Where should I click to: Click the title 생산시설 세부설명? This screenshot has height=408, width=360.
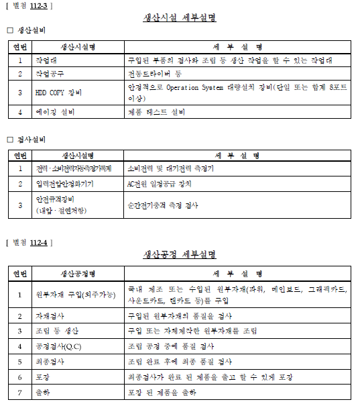coord(180,17)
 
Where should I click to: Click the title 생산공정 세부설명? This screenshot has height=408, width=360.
coord(180,254)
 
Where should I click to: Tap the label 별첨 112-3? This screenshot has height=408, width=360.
coord(29,5)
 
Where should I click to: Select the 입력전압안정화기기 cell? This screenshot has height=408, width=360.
coord(64,183)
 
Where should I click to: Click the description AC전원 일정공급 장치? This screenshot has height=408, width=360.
coord(160,183)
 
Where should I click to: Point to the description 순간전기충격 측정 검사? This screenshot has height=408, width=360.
coord(162,205)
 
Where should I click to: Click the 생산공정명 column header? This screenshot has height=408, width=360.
coord(77,274)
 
